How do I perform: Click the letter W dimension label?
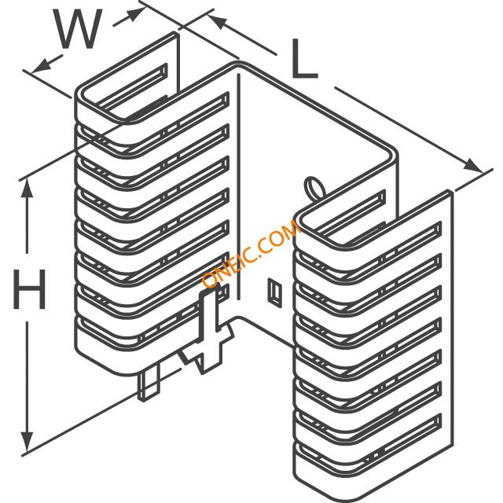point(79,29)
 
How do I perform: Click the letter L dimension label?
point(304,59)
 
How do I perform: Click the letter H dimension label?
point(30,289)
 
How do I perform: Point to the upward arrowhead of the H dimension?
point(27,189)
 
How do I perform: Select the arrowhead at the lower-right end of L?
point(473,165)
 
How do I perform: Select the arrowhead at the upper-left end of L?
point(218,23)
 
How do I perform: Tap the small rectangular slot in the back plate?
point(275,292)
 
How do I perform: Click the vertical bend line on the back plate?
point(238,187)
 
